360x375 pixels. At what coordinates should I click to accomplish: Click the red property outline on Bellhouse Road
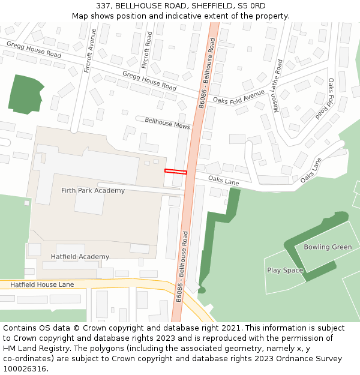pos(176,172)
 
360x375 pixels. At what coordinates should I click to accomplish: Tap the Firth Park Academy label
pos(93,191)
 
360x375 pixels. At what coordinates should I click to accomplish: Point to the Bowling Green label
pos(328,247)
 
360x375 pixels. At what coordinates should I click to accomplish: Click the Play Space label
pos(285,271)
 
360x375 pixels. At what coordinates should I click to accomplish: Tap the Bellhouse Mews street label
pos(167,123)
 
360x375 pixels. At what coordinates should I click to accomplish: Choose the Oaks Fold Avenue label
pos(238,97)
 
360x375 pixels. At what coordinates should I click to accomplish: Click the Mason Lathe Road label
pos(277,86)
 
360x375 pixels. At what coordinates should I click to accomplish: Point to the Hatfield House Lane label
pos(42,284)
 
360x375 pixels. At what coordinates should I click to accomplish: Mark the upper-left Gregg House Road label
pos(34,49)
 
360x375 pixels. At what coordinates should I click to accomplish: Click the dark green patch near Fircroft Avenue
pos(25,94)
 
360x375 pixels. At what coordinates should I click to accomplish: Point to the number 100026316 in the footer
pos(25,368)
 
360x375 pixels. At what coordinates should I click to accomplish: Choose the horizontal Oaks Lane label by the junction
pos(224,181)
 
